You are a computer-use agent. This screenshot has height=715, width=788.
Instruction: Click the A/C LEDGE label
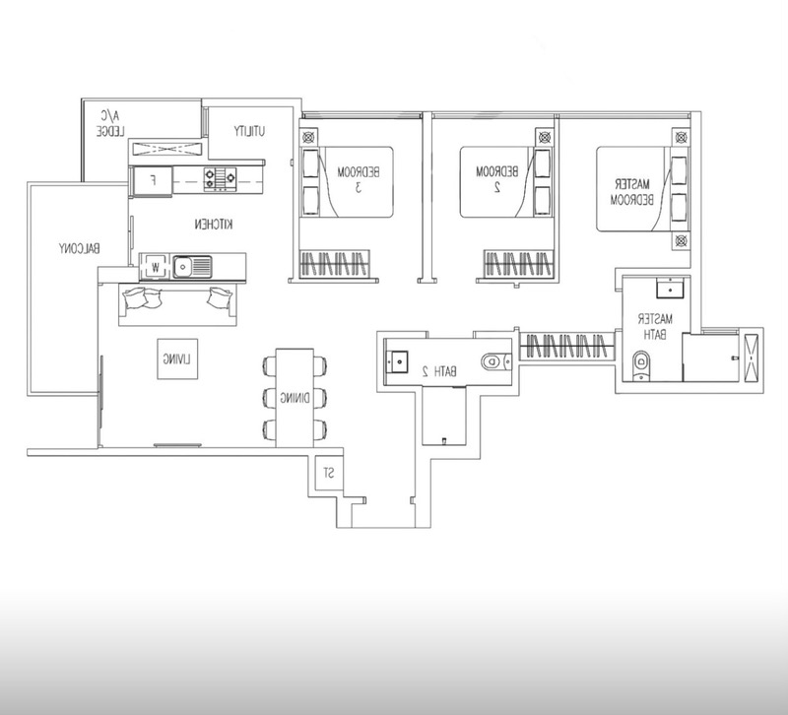(111, 124)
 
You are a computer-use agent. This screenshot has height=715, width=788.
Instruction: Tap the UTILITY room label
(249, 131)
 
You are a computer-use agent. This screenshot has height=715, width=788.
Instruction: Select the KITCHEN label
(214, 225)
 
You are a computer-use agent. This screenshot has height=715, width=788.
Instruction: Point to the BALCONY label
(80, 248)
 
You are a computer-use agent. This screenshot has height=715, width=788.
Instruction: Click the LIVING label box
(177, 358)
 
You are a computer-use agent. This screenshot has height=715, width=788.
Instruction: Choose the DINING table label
(295, 399)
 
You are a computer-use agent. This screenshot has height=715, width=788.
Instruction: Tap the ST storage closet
(329, 473)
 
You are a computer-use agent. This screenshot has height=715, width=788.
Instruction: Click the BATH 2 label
(439, 372)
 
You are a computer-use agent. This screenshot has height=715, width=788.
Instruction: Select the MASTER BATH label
(655, 327)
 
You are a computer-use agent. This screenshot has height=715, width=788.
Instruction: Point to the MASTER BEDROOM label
(632, 192)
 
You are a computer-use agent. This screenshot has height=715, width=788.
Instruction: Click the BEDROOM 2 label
(496, 179)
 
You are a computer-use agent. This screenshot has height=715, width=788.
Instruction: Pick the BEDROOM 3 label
(359, 179)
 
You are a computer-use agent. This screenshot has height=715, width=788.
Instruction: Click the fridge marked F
(153, 180)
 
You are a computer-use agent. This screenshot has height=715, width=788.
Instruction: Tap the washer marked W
(156, 266)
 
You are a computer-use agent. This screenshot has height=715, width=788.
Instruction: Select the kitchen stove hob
(220, 178)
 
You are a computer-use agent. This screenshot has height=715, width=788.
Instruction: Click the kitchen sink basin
(192, 266)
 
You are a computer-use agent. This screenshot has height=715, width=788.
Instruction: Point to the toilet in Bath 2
(493, 361)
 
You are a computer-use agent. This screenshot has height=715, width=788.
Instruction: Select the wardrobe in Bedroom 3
(335, 264)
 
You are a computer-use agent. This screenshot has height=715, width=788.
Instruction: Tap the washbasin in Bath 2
(397, 360)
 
